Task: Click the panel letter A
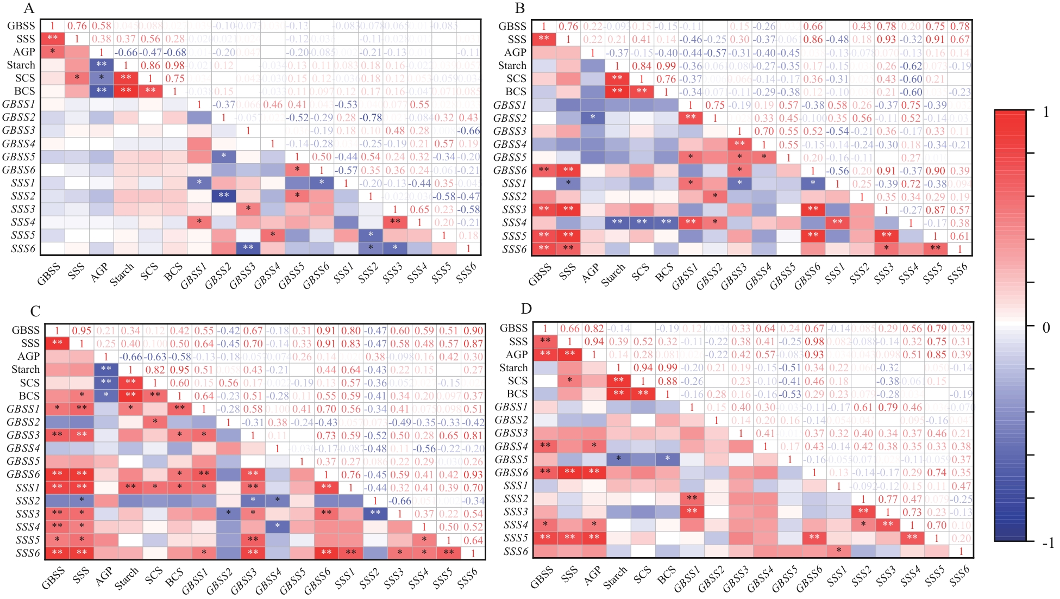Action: coord(29,8)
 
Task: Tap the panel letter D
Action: coord(526,309)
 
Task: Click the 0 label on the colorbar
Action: coord(1046,327)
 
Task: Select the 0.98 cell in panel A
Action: coord(175,65)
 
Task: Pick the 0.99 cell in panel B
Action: coord(666,66)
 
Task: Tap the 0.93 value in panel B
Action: coord(886,40)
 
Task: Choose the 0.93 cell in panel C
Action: coord(473,475)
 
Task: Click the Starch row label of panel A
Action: coord(21,65)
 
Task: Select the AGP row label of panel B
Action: coord(515,53)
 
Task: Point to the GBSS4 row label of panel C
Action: coord(23,448)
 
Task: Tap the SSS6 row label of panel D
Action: coord(515,551)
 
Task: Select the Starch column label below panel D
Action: coord(615,578)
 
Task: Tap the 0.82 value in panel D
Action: coord(594,328)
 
